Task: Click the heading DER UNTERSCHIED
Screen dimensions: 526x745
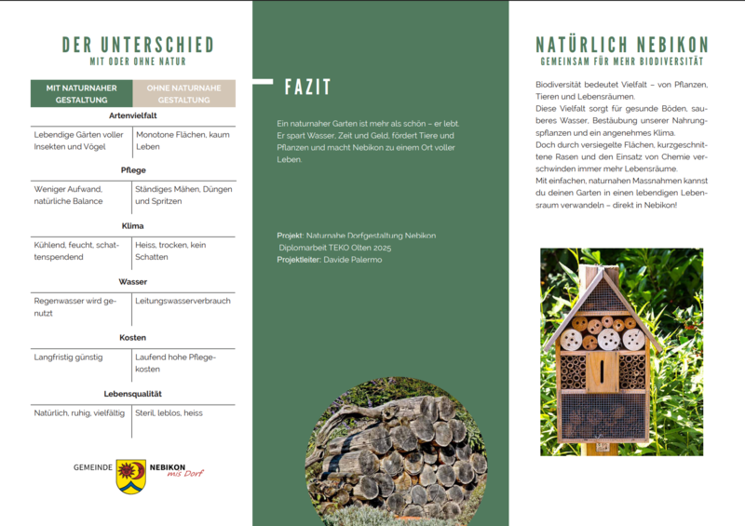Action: coord(138,45)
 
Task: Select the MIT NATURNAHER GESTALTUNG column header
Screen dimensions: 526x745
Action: coord(81,93)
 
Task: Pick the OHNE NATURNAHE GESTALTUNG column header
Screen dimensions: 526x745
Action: coord(183,93)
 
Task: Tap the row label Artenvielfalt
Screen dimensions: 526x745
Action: coord(132,115)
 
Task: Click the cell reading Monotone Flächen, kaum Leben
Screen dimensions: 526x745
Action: coord(183,141)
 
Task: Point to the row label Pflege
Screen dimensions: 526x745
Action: coord(132,170)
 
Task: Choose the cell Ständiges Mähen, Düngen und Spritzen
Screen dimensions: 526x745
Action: coord(183,195)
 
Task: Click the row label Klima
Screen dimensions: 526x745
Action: coord(132,226)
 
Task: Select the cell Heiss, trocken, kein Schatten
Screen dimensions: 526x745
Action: coord(171,250)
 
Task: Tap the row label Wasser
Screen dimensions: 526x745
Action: coord(132,281)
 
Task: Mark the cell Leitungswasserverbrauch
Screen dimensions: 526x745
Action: coord(183,301)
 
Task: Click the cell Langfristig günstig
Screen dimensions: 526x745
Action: coord(68,357)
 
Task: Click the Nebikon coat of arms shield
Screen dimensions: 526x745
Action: coord(130,476)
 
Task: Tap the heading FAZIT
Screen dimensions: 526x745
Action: coord(307,88)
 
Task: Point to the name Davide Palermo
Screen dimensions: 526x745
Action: coord(353,260)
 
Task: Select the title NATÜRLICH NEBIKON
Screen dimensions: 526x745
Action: coord(622,45)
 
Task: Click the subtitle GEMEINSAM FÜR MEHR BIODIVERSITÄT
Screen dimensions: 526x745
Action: coord(622,61)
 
